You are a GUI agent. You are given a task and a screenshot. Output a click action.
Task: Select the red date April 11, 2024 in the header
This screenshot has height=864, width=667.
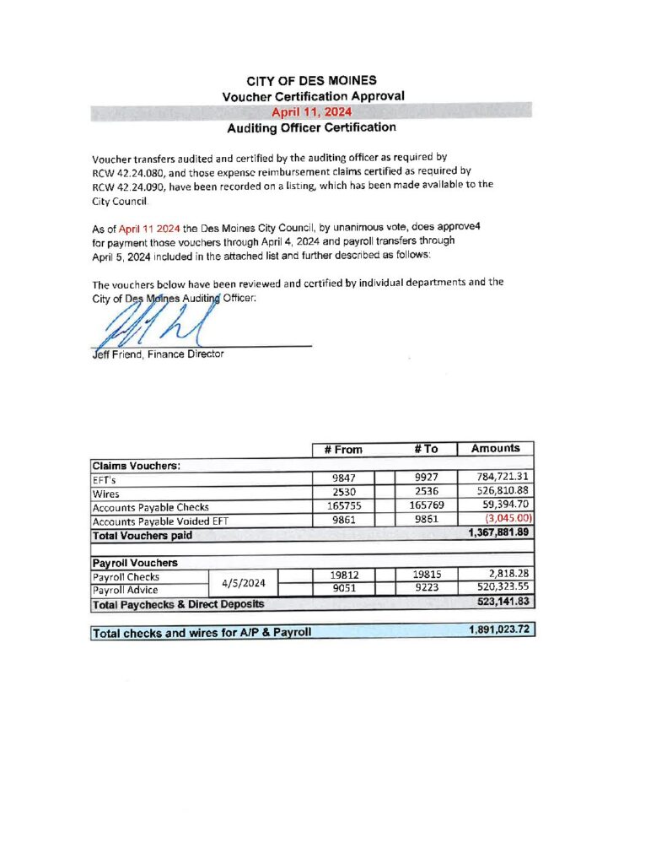[312, 111]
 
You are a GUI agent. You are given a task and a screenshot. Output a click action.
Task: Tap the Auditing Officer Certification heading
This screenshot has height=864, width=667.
[311, 127]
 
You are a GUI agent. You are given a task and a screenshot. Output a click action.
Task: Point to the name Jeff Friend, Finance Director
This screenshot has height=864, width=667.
[158, 354]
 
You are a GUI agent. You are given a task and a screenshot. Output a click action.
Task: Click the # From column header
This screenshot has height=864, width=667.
[343, 449]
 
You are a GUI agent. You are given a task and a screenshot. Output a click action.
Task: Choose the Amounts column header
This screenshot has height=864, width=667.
[495, 448]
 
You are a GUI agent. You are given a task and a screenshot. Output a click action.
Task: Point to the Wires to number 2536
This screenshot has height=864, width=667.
[427, 492]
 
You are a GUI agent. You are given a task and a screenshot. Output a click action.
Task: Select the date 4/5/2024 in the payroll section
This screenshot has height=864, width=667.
[243, 581]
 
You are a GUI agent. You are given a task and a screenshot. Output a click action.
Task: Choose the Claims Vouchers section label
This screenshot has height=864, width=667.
[136, 464]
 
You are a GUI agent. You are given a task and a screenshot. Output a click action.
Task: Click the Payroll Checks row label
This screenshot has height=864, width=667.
[126, 575]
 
